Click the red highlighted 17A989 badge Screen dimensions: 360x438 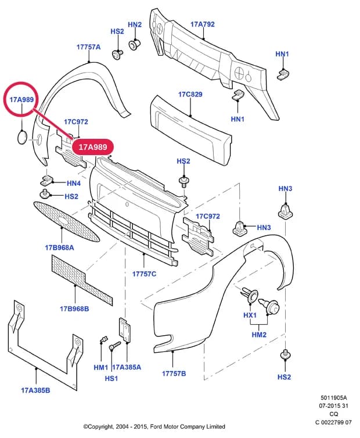(x=93, y=147)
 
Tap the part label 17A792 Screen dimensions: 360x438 (x=203, y=24)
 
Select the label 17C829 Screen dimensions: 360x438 (x=190, y=95)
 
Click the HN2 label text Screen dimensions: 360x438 (x=135, y=24)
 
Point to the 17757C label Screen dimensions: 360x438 (x=144, y=274)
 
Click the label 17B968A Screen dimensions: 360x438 (x=59, y=247)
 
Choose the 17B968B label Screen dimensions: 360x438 (x=74, y=309)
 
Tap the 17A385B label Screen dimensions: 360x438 (x=35, y=390)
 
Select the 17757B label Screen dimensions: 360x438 (x=174, y=374)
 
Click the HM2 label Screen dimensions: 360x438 (x=259, y=335)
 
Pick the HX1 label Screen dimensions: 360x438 (x=250, y=315)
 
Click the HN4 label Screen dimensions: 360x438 (x=74, y=183)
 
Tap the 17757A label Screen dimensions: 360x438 (x=88, y=47)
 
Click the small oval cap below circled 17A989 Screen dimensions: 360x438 (x=22, y=137)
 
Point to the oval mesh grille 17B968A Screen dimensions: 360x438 (x=66, y=221)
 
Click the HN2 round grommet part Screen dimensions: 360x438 (x=134, y=45)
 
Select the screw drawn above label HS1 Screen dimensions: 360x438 (x=114, y=345)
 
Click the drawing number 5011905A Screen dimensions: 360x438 (x=333, y=398)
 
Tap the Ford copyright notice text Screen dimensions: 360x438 (x=154, y=426)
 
